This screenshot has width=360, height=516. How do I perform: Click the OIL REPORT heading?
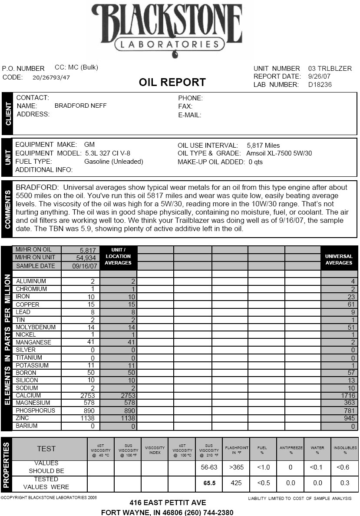pos(172,82)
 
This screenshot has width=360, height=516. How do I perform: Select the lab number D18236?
pos(320,85)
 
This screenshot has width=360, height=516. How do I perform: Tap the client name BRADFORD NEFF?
pos(80,106)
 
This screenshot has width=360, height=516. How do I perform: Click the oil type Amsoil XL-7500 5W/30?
pos(279,153)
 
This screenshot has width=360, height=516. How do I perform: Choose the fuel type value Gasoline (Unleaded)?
pos(114,162)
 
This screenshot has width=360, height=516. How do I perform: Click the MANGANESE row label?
pos(33,342)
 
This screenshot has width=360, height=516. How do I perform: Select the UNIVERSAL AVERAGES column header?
pos(339,259)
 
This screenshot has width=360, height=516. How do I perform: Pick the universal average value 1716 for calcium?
pos(348,396)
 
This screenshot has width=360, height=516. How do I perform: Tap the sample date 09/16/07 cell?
pos(80,265)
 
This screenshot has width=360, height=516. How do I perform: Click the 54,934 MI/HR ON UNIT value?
pos(80,258)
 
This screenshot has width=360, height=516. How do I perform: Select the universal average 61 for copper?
pos(351,304)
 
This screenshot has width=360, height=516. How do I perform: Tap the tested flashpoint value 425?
pos(236,483)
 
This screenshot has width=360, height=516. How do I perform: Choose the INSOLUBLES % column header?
pos(345,450)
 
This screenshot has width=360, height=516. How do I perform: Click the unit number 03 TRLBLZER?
pos(330,68)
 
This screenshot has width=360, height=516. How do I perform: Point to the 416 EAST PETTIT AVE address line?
pos(168,503)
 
